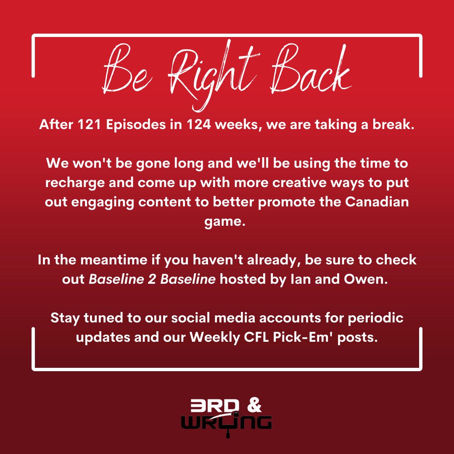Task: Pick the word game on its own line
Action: point(227,222)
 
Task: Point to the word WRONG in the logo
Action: point(227,422)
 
